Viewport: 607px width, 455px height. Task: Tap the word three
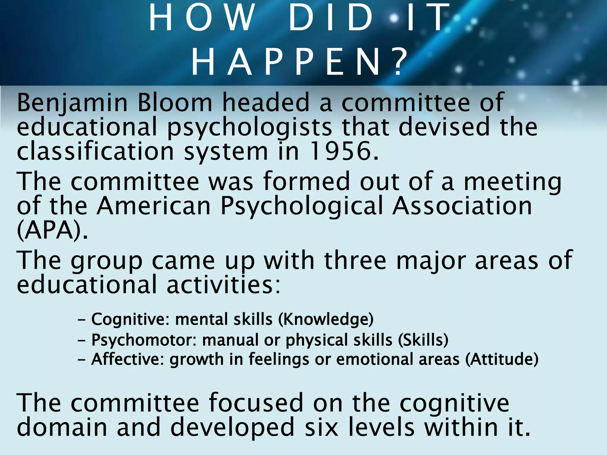click(355, 260)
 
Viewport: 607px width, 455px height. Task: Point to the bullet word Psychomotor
click(144, 340)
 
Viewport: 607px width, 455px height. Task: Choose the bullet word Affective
click(127, 359)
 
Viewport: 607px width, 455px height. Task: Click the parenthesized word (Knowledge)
click(326, 319)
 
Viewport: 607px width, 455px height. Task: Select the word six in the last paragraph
click(321, 427)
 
